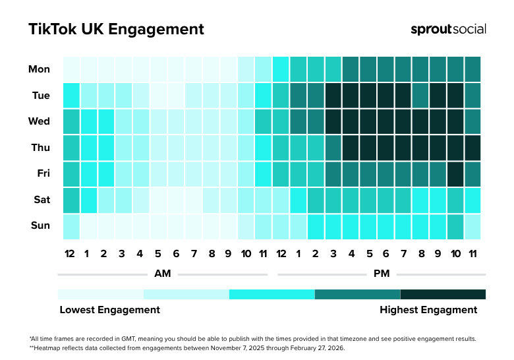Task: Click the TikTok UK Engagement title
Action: click(x=116, y=30)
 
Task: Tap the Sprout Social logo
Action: click(x=448, y=29)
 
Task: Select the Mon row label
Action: click(x=39, y=69)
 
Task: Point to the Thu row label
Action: click(x=40, y=148)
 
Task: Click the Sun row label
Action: click(x=40, y=225)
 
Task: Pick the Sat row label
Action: click(x=41, y=200)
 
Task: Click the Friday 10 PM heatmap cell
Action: click(x=455, y=173)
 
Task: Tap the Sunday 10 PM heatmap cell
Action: click(x=455, y=226)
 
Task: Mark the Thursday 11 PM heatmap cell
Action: click(x=472, y=148)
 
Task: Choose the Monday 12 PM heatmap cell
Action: click(x=281, y=69)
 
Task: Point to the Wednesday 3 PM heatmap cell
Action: click(x=333, y=121)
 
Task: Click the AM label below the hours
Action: click(x=162, y=274)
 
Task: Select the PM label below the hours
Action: click(x=382, y=274)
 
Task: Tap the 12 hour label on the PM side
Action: click(x=281, y=254)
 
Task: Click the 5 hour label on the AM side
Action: click(x=158, y=254)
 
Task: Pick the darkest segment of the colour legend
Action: click(x=443, y=294)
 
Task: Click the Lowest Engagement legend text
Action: click(x=109, y=310)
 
